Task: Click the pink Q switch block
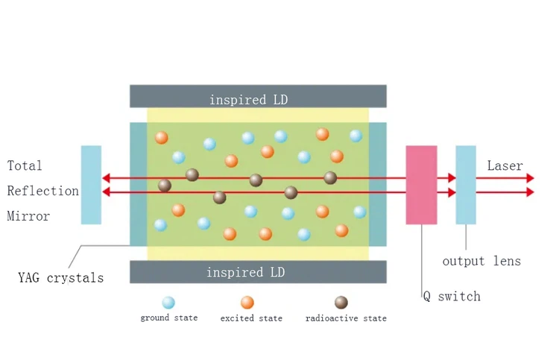(x=421, y=184)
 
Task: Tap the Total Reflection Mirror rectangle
(x=91, y=184)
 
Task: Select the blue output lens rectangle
(x=466, y=184)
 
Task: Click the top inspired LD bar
(x=258, y=96)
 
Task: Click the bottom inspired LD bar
(x=258, y=272)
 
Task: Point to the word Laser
(x=505, y=165)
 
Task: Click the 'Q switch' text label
(x=452, y=296)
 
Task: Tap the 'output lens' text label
(x=481, y=261)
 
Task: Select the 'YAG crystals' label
(x=60, y=278)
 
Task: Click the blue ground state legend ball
(x=168, y=303)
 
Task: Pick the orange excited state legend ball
(x=247, y=303)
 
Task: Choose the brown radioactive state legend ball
(x=341, y=303)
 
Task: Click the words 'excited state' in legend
(x=251, y=318)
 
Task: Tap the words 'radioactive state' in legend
(x=346, y=318)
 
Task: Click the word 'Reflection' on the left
(x=42, y=191)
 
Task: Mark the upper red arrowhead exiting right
(x=530, y=178)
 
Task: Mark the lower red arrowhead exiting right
(x=530, y=192)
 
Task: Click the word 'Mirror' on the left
(x=28, y=216)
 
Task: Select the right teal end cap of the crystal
(x=378, y=184)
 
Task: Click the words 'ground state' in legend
(x=169, y=318)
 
